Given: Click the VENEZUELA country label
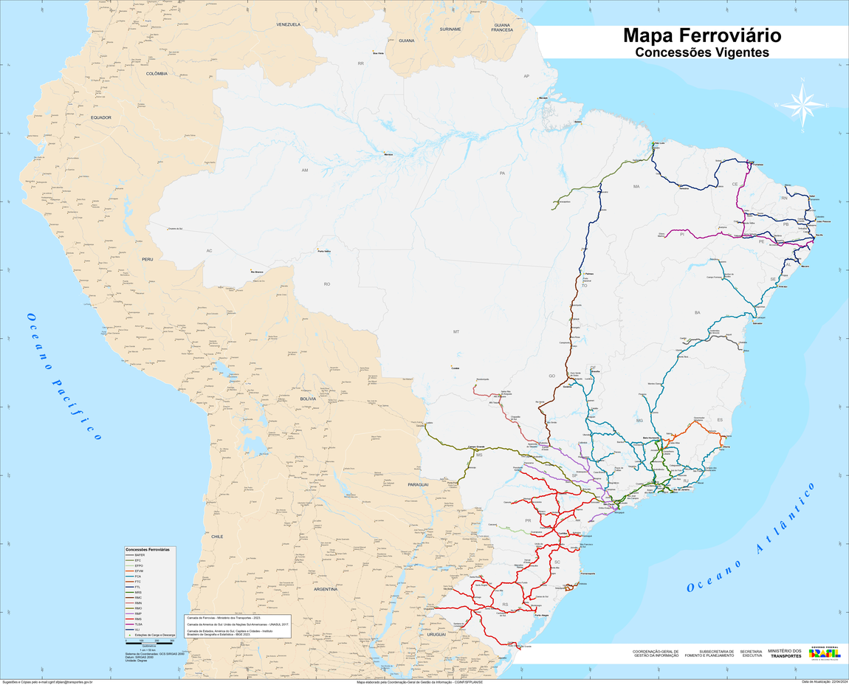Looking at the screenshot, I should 288,24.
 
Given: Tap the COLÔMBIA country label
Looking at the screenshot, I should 157,74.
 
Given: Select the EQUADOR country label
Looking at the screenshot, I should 100,117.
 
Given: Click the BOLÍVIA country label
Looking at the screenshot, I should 307,399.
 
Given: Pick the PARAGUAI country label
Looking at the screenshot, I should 418,484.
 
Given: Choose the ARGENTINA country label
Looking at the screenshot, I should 325,589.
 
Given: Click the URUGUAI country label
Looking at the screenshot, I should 436,634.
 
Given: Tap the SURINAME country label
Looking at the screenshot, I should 450,29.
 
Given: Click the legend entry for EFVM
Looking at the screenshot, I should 138,571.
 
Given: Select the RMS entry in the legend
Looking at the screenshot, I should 138,618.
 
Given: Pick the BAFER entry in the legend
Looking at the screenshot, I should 139,554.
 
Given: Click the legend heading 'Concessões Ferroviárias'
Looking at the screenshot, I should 148,549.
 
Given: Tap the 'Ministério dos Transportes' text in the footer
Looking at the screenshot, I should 784,653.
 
